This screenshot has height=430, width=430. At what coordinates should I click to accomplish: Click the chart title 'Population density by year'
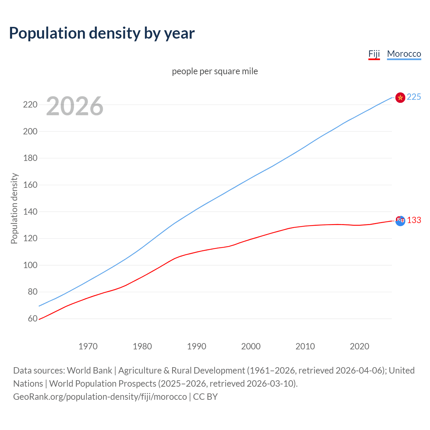[x=102, y=33]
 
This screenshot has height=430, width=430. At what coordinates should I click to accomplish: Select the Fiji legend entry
[x=374, y=54]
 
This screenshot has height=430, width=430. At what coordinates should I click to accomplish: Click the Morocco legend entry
[x=404, y=54]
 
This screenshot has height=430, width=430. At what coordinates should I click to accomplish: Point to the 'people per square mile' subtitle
[x=215, y=71]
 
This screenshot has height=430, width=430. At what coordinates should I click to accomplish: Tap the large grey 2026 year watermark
[x=75, y=106]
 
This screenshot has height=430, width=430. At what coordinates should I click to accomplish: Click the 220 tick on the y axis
[x=30, y=104]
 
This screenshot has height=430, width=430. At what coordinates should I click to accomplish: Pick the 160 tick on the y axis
[x=30, y=185]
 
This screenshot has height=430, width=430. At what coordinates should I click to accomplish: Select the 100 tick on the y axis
[x=30, y=265]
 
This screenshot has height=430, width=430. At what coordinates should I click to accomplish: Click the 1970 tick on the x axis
[x=88, y=346]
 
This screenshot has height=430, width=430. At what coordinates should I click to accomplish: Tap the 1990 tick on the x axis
[x=197, y=346]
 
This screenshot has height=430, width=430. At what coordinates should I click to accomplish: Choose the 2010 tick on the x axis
[x=305, y=346]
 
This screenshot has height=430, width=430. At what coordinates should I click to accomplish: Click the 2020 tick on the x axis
[x=359, y=346]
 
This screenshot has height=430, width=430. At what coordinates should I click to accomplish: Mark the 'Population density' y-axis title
[x=14, y=208]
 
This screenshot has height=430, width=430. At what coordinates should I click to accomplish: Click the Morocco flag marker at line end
[x=400, y=97]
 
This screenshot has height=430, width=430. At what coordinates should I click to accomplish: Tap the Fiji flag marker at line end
[x=400, y=221]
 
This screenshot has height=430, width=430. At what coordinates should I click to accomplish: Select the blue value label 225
[x=414, y=97]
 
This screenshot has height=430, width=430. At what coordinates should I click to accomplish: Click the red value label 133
[x=414, y=220]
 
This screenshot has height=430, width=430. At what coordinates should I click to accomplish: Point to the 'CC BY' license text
[x=205, y=396]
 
